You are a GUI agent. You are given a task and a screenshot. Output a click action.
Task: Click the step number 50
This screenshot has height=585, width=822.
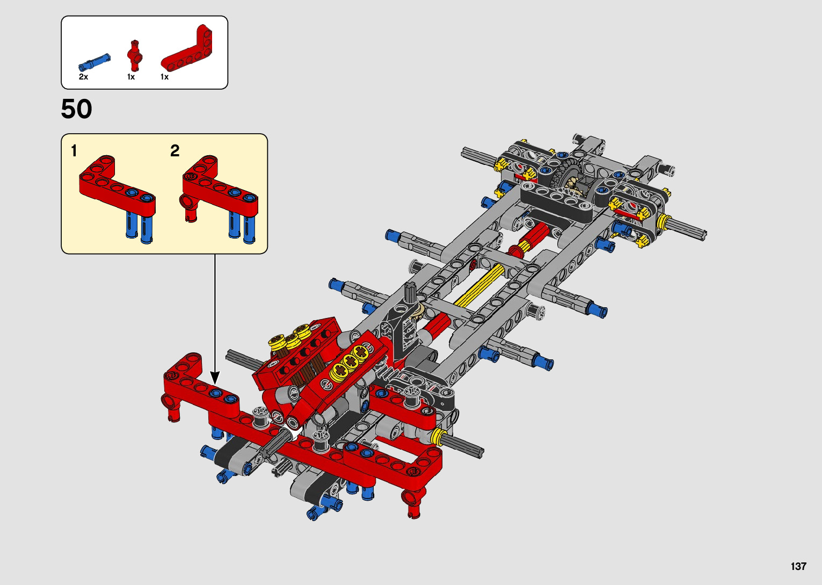pyautogui.click(x=76, y=109)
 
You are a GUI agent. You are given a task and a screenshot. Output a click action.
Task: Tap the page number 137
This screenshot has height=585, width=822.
pyautogui.click(x=798, y=566)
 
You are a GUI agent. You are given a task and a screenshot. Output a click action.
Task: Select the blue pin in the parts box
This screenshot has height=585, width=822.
pyautogui.click(x=94, y=62)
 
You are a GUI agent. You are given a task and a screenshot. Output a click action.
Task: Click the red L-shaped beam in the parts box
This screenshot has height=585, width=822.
pyautogui.click(x=186, y=48)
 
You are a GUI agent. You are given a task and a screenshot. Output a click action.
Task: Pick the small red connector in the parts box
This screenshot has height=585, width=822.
pyautogui.click(x=135, y=55)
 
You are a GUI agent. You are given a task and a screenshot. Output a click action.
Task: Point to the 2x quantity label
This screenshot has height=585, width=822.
pyautogui.click(x=83, y=77)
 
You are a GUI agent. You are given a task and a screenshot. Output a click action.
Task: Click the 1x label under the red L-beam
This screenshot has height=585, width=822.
pyautogui.click(x=164, y=77)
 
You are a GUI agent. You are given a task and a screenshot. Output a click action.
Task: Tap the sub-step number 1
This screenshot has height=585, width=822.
pyautogui.click(x=74, y=151)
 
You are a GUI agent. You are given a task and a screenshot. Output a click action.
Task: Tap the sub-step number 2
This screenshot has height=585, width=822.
pyautogui.click(x=174, y=150)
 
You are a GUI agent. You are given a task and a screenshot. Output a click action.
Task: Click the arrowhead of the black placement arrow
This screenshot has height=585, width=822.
pyautogui.click(x=215, y=378)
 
